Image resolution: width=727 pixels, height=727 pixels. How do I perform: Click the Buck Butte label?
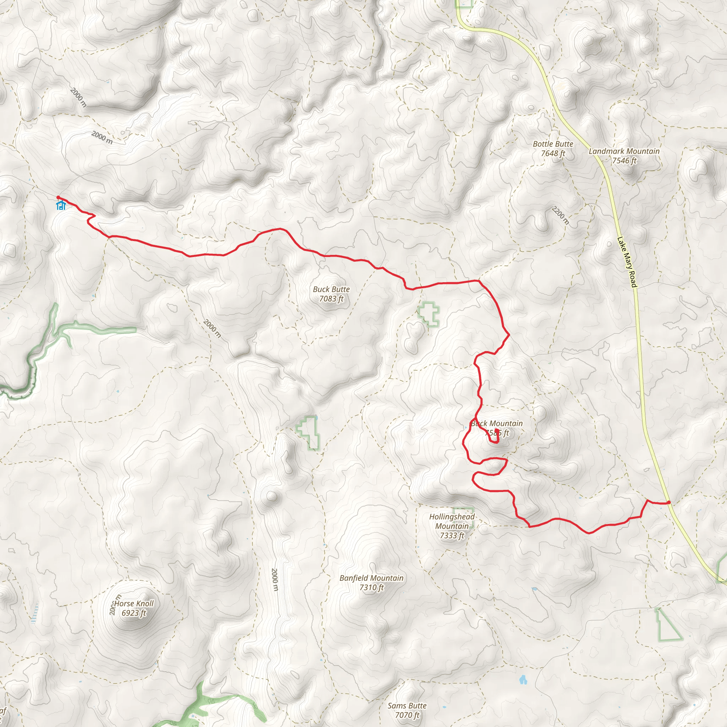[x=331, y=289]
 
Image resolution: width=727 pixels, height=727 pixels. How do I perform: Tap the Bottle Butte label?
[x=553, y=144]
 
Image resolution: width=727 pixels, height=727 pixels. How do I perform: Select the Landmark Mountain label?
[x=624, y=151]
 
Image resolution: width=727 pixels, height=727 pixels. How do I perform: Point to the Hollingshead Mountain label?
[x=452, y=521]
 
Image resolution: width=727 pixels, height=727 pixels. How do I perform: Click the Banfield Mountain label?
[x=371, y=578]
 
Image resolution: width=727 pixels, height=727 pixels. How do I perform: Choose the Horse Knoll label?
[x=134, y=603]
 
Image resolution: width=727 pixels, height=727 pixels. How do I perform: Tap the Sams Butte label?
[x=407, y=706]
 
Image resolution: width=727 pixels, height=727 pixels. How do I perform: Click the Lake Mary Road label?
[x=627, y=262]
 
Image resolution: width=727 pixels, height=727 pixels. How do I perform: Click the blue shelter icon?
[x=61, y=206]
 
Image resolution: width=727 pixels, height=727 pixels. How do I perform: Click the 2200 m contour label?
[x=560, y=215]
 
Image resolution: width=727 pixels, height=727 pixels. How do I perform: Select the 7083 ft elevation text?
[x=331, y=299]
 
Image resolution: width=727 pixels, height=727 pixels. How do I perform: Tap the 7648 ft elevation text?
[x=553, y=153]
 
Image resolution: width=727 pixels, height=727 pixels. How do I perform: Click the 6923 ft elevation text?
[x=133, y=613]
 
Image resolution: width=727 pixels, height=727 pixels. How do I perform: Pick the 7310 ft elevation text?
[x=371, y=587]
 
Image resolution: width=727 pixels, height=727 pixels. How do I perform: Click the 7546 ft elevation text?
[x=624, y=161]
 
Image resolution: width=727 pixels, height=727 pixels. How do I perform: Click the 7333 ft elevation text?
[x=452, y=535]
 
